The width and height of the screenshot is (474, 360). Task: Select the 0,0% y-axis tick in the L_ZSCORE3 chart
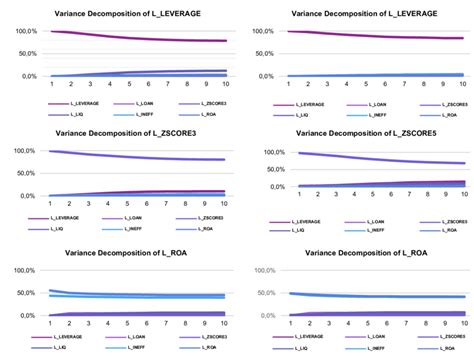coord(25,196)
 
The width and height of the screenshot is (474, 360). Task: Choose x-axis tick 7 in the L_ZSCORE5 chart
coord(397,198)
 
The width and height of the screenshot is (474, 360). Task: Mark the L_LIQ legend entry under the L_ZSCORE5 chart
coord(296,229)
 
